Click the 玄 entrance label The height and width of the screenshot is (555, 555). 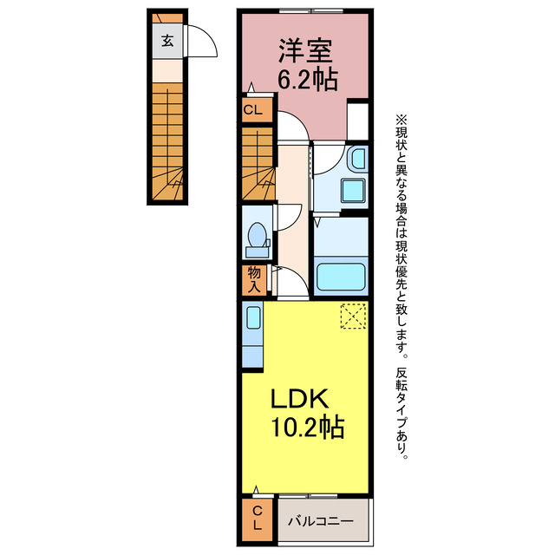click(x=166, y=40)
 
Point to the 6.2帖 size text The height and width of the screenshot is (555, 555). click(x=307, y=80)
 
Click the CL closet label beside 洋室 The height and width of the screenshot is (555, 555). click(x=252, y=110)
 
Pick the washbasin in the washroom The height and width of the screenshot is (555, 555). click(x=357, y=160)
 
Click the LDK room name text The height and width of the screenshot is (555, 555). click(x=299, y=399)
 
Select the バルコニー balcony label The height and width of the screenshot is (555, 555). click(x=320, y=521)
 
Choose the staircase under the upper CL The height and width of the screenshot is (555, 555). click(x=257, y=163)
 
